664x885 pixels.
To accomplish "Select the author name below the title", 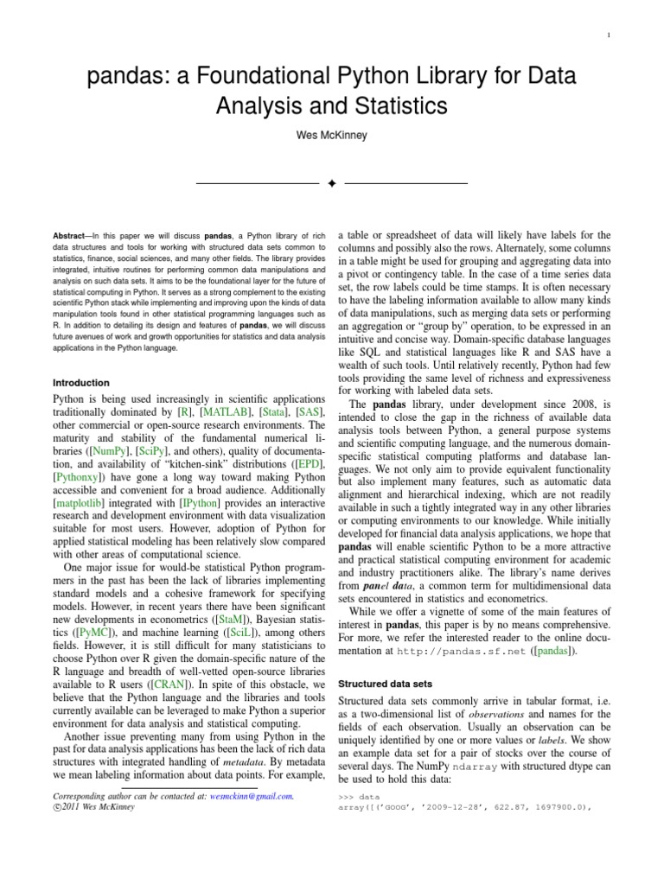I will pyautogui.click(x=332, y=136).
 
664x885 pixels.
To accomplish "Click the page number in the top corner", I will pyautogui.click(x=610, y=35).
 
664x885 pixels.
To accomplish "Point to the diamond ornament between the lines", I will pyautogui.click(x=332, y=183).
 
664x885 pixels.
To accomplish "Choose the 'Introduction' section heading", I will pyautogui.click(x=81, y=382).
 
